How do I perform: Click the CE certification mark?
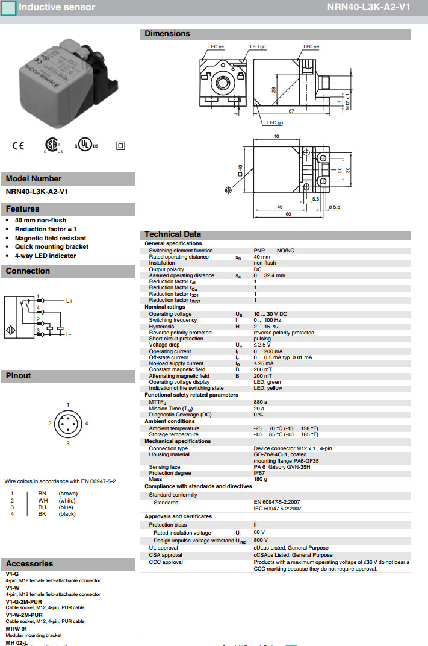pyautogui.click(x=19, y=145)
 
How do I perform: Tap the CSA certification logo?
pyautogui.click(x=52, y=145)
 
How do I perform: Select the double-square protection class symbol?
pyautogui.click(x=120, y=145)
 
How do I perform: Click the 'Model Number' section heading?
pyautogui.click(x=34, y=178)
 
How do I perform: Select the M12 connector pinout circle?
pyautogui.click(x=68, y=424)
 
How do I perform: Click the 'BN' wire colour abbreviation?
pyautogui.click(x=42, y=494)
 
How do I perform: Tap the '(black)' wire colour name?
pyautogui.click(x=67, y=514)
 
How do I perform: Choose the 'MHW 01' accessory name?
pyautogui.click(x=16, y=629)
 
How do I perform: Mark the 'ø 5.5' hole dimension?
pyautogui.click(x=335, y=207)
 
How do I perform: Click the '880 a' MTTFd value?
pyautogui.click(x=260, y=402)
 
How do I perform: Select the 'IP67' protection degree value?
pyautogui.click(x=259, y=474)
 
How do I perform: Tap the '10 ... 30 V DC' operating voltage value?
pyautogui.click(x=270, y=314)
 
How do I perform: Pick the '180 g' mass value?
pyautogui.click(x=260, y=479)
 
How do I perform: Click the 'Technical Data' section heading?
pyautogui.click(x=173, y=234)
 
